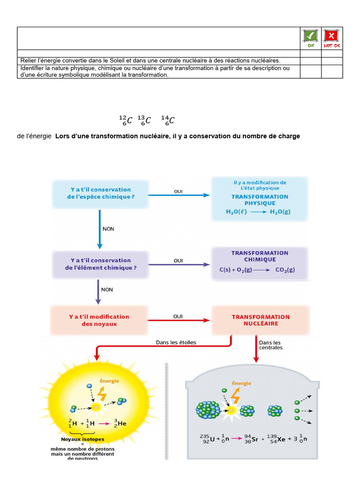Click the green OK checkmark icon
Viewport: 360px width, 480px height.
(310, 36)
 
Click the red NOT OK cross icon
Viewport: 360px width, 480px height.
(331, 36)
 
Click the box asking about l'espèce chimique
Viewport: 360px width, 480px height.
(100, 194)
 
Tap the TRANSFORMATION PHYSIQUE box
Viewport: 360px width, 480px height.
(260, 198)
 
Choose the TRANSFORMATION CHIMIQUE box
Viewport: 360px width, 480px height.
(260, 262)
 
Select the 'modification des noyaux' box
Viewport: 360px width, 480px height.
(99, 320)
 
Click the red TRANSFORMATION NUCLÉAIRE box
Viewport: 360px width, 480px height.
(261, 320)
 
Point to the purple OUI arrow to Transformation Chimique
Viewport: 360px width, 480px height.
(180, 265)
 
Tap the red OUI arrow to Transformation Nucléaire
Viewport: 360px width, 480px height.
(180, 321)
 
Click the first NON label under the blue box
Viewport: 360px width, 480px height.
(108, 229)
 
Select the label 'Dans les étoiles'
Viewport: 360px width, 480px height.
(176, 342)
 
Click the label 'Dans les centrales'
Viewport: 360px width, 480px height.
(270, 345)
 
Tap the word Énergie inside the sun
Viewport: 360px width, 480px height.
(109, 381)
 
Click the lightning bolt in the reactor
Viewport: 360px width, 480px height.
(235, 397)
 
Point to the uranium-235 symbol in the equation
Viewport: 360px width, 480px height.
(208, 439)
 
